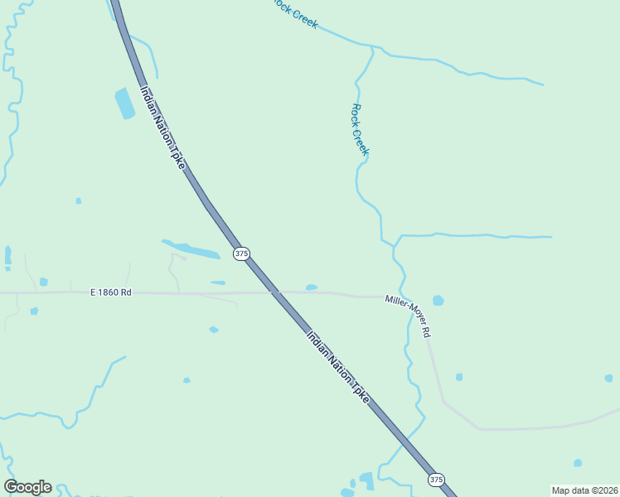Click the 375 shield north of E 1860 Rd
[241, 253]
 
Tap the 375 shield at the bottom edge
[437, 480]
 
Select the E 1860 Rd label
[111, 292]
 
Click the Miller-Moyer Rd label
[409, 316]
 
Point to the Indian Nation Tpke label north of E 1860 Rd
[162, 129]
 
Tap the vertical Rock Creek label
[360, 130]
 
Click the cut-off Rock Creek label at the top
[296, 13]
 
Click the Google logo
[27, 487]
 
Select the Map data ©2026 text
[585, 490]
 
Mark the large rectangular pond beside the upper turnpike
[124, 104]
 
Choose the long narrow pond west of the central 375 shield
[192, 249]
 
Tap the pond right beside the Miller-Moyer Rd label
[438, 300]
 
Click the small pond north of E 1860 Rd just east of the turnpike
[311, 287]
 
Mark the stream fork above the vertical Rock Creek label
[372, 48]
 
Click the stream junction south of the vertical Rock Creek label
[396, 243]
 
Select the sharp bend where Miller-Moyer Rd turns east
[445, 402]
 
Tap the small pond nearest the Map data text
[578, 463]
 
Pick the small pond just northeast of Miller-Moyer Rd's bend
[458, 377]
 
